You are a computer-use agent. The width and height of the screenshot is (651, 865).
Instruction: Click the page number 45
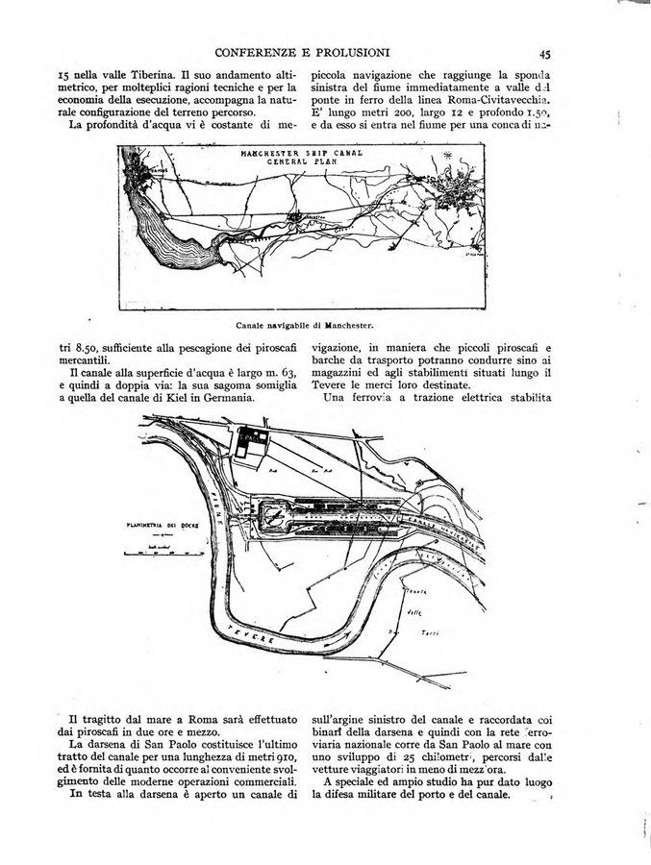[544, 54]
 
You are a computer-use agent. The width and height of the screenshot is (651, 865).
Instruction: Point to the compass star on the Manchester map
[446, 158]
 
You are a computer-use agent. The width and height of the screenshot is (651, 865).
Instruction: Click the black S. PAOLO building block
[253, 439]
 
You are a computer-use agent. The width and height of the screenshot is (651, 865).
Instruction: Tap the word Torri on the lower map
[431, 634]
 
